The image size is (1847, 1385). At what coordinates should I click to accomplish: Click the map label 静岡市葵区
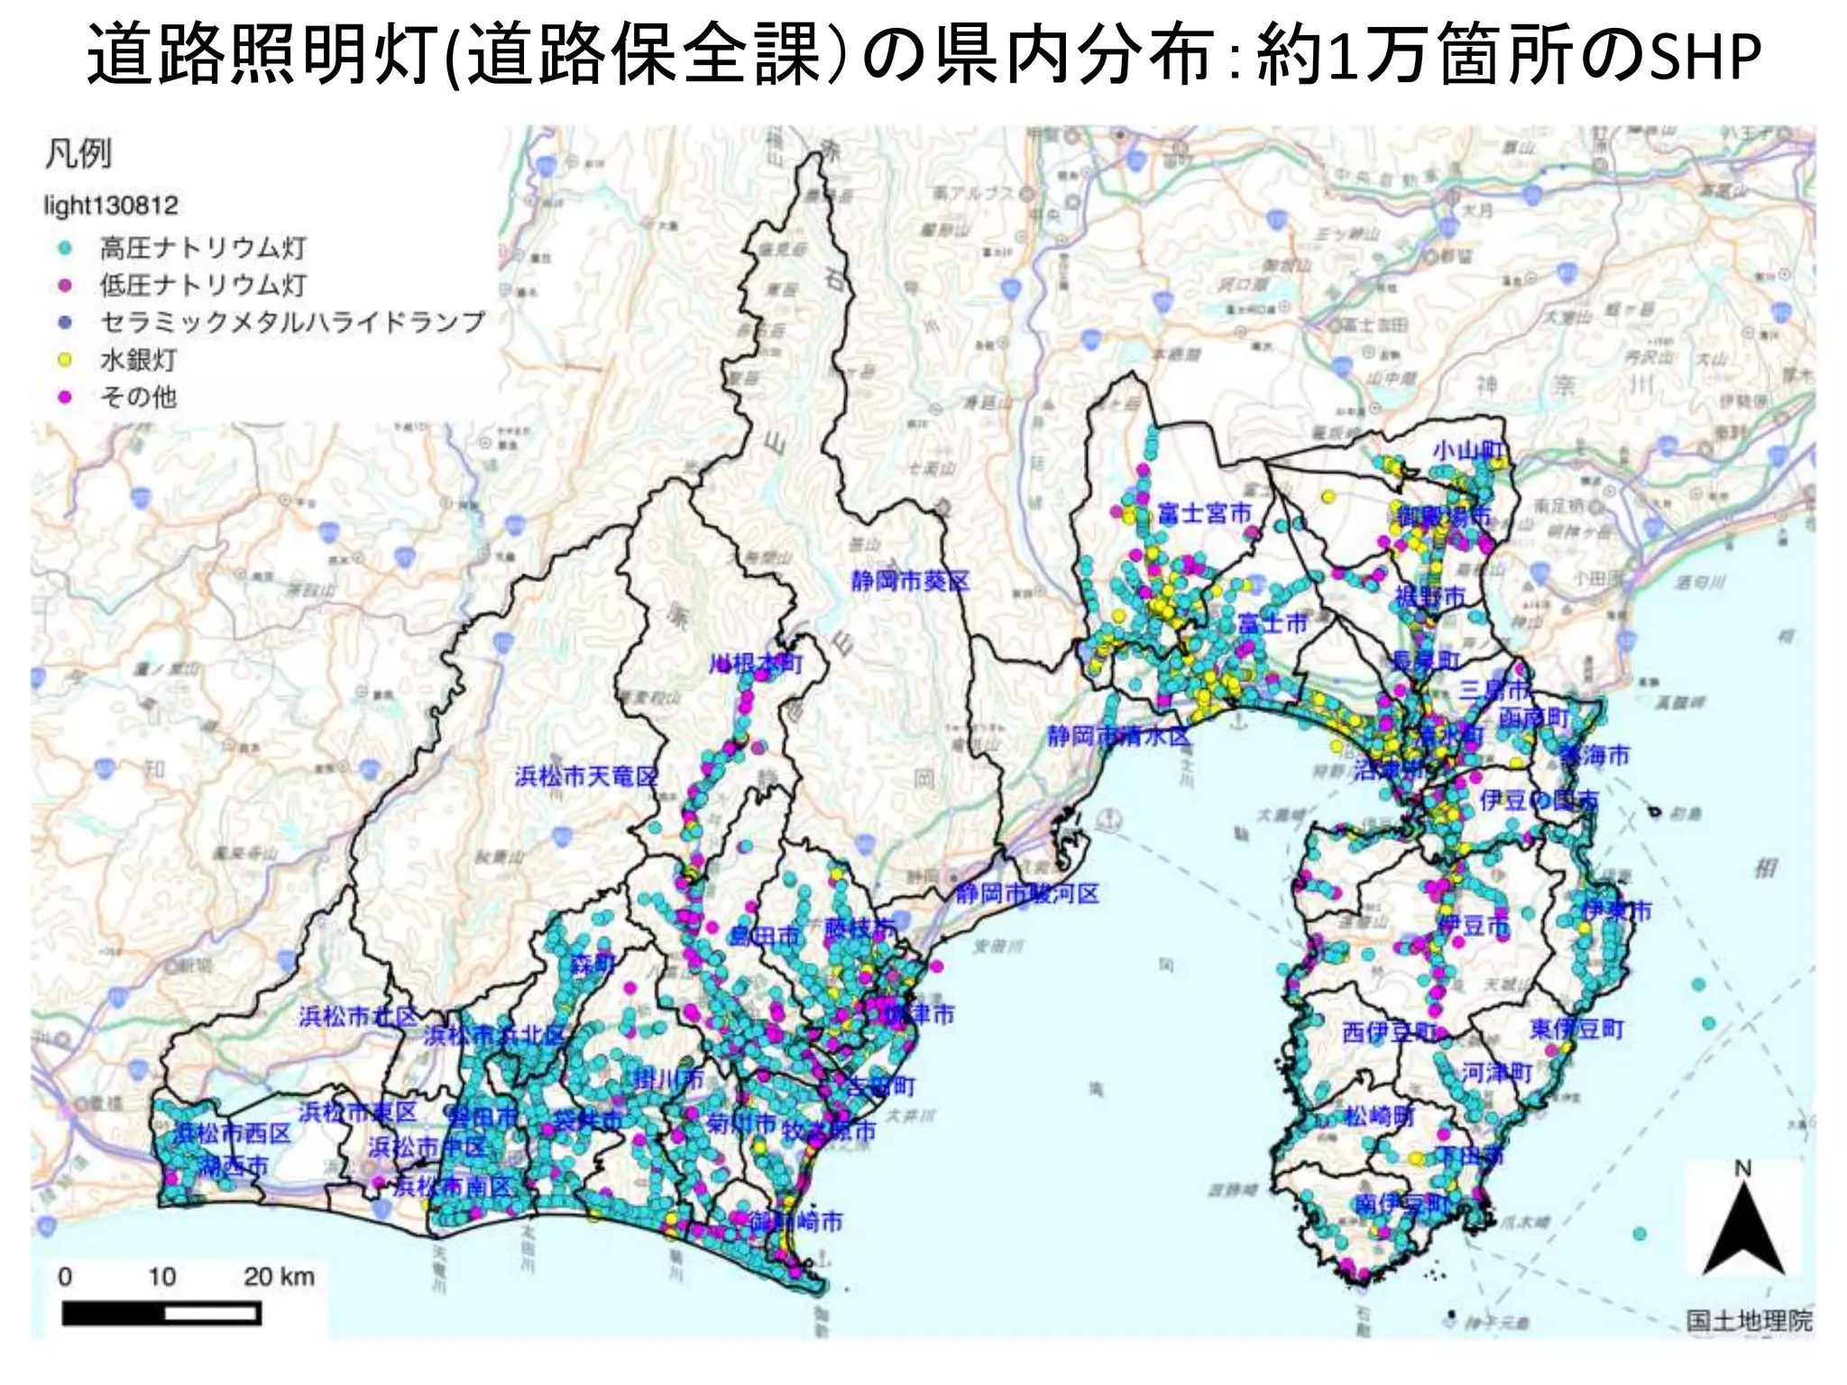909,582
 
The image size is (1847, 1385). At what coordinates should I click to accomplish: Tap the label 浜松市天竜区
586,776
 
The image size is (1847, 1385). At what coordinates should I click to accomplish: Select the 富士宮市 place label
1205,514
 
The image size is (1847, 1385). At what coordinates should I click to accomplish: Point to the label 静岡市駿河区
1027,894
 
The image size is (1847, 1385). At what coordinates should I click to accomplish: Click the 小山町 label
1467,451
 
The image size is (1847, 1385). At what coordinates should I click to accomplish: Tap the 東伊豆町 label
1576,1029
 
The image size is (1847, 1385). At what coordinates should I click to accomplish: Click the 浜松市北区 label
358,1017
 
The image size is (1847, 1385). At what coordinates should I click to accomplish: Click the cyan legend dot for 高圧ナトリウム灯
65,247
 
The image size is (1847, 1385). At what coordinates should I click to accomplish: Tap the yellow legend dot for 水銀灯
65,360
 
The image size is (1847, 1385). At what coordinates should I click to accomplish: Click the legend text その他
138,397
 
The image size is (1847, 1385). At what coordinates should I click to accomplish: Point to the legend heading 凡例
78,153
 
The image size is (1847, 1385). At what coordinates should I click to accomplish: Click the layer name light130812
111,206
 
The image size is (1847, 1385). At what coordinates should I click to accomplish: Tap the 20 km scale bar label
279,1276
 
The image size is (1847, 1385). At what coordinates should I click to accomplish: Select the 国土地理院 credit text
1749,1321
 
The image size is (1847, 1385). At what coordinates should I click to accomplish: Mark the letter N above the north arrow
1742,1169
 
